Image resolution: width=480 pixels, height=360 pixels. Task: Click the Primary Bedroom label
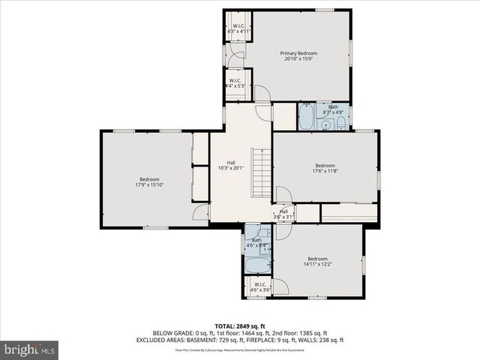click(298, 53)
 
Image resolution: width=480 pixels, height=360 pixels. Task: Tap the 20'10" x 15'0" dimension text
click(298, 60)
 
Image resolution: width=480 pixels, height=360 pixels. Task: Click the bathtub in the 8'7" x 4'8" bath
click(307, 118)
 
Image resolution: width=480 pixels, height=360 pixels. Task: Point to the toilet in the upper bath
click(340, 122)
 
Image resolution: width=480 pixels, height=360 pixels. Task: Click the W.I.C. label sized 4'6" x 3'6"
click(259, 284)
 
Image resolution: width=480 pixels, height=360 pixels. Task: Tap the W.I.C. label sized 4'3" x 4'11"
click(238, 27)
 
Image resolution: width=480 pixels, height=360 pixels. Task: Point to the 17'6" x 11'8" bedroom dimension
click(325, 171)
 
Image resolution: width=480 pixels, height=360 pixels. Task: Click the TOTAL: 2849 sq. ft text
click(239, 325)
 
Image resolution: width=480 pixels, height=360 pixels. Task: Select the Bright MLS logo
click(30, 349)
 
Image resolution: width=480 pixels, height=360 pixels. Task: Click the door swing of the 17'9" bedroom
click(201, 212)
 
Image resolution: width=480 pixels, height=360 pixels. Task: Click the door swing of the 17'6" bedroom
click(283, 195)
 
